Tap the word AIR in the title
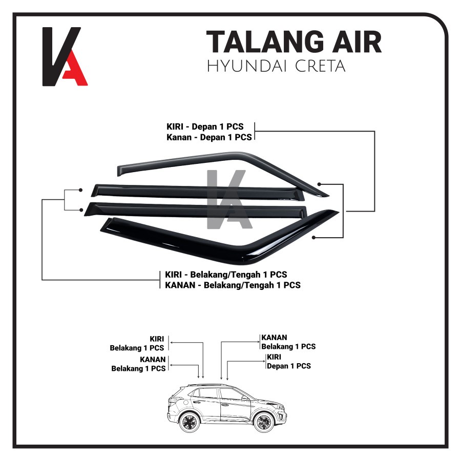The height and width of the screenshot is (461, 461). [357, 42]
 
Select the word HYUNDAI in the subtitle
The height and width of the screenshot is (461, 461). [247, 66]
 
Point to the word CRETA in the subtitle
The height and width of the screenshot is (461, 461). [320, 66]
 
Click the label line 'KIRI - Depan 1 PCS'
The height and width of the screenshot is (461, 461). [205, 127]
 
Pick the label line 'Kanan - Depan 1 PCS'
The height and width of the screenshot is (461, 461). [209, 137]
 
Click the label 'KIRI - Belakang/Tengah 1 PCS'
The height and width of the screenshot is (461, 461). [226, 275]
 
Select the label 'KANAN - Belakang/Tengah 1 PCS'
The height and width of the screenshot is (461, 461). [233, 285]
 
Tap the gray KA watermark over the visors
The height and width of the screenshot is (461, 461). [229, 199]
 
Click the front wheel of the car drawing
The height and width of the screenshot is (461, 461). [264, 422]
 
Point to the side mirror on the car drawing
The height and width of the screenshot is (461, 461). [244, 398]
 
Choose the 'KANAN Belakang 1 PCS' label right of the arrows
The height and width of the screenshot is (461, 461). [288, 342]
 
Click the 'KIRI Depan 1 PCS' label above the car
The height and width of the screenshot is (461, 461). [289, 362]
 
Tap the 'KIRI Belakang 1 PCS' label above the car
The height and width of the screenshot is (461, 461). [137, 343]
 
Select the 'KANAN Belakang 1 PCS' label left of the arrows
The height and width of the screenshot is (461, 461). [138, 364]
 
